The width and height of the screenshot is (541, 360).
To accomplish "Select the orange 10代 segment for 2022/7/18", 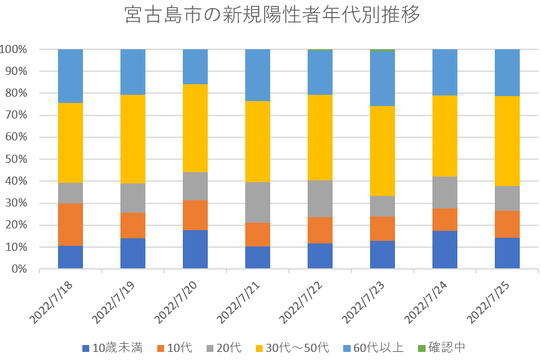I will pos(71,224).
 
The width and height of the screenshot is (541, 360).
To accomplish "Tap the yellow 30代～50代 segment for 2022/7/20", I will pos(195,128).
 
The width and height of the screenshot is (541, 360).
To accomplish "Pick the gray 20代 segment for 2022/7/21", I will pos(258,202).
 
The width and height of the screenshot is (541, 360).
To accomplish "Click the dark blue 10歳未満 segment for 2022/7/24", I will pos(445,250).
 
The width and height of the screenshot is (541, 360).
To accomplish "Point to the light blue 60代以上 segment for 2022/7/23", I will pos(383,78).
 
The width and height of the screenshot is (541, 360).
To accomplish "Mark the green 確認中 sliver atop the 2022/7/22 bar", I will pos(320,49).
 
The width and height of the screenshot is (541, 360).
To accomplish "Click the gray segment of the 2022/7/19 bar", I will pos(133,198).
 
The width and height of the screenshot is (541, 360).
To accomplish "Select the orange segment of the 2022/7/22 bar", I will pos(320,230).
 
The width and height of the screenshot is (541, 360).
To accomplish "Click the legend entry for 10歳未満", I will pos(113,348).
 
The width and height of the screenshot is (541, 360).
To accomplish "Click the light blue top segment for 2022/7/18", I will pos(71,76).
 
